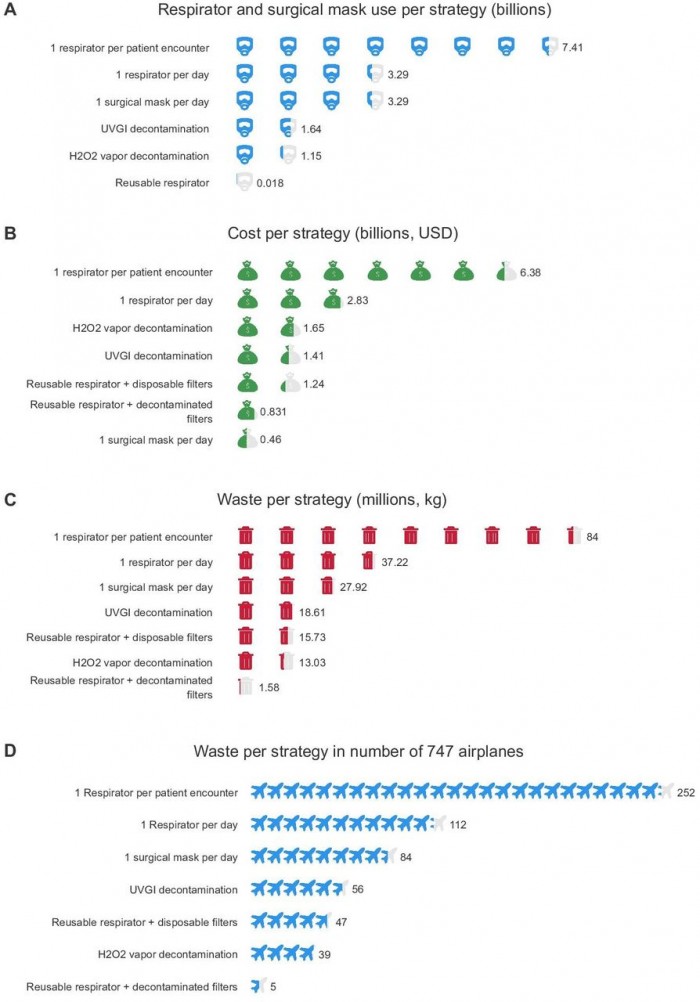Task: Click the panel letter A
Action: pyautogui.click(x=10, y=10)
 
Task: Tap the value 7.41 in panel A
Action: pyautogui.click(x=572, y=47)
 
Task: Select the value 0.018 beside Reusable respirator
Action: pyautogui.click(x=270, y=183)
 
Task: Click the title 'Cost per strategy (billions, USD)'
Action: pyautogui.click(x=343, y=233)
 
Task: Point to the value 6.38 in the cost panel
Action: pyautogui.click(x=530, y=272)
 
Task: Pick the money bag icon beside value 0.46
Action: pyautogui.click(x=247, y=439)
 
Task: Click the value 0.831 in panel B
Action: pyautogui.click(x=273, y=412)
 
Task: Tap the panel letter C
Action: pyautogui.click(x=10, y=499)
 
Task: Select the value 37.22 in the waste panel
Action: pyautogui.click(x=394, y=562)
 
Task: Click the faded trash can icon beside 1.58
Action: pyautogui.click(x=245, y=687)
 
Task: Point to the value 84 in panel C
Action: pyautogui.click(x=592, y=537)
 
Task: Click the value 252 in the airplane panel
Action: pyautogui.click(x=685, y=792)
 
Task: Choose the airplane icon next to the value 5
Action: pyautogui.click(x=258, y=986)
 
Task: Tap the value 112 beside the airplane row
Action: pyautogui.click(x=458, y=824)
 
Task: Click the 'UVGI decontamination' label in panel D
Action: pyautogui.click(x=183, y=890)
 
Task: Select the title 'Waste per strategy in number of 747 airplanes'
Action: pyautogui.click(x=358, y=751)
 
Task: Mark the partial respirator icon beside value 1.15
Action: pyautogui.click(x=288, y=155)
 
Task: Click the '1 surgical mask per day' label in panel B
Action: pyautogui.click(x=156, y=440)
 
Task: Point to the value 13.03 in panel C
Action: pyautogui.click(x=312, y=663)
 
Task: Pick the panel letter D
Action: pyautogui.click(x=10, y=750)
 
